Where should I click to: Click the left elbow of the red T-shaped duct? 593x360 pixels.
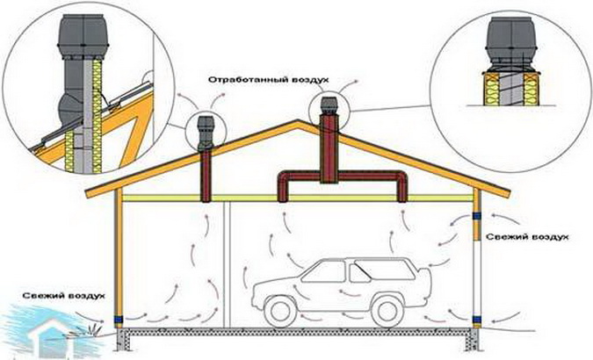[285, 185]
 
